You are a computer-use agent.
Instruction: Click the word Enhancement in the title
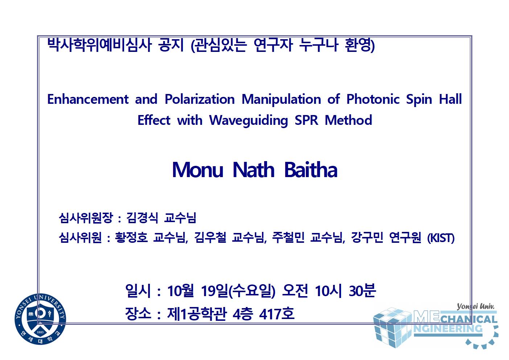click(x=88, y=99)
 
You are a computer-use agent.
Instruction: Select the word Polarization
click(x=200, y=99)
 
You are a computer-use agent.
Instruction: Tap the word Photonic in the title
click(x=373, y=99)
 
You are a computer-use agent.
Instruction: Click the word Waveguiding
click(x=249, y=121)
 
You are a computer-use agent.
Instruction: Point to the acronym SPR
click(x=306, y=120)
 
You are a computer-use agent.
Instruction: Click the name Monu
click(x=197, y=169)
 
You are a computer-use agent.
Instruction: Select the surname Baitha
click(x=311, y=169)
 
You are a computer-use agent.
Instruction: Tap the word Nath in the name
click(x=254, y=169)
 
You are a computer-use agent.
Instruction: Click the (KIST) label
click(x=441, y=238)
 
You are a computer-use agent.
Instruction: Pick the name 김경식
click(x=142, y=218)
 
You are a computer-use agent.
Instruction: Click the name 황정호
click(x=131, y=238)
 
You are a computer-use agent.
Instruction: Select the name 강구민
click(x=367, y=238)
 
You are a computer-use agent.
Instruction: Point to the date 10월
click(x=180, y=291)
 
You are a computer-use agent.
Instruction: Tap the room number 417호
click(x=277, y=314)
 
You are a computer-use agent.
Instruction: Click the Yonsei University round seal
click(x=40, y=319)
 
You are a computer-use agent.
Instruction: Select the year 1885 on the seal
click(x=40, y=332)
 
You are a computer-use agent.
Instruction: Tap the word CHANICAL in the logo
click(x=469, y=320)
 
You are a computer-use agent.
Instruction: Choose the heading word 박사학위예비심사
click(x=99, y=45)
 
